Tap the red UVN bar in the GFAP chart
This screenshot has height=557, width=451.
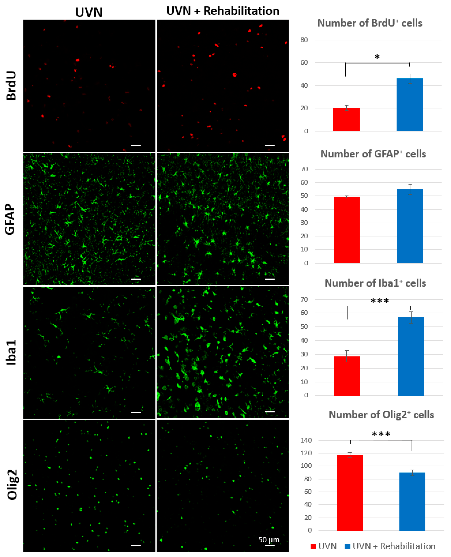[x=346, y=230]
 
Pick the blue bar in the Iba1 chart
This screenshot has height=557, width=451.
[x=411, y=356]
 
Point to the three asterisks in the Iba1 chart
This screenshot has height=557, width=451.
[x=380, y=301]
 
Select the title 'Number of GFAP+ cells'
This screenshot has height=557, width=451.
[x=373, y=154]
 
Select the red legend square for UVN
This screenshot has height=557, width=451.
[x=313, y=546]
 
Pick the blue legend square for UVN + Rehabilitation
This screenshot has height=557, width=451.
[x=347, y=546]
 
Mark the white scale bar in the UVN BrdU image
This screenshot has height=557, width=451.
[x=136, y=145]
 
